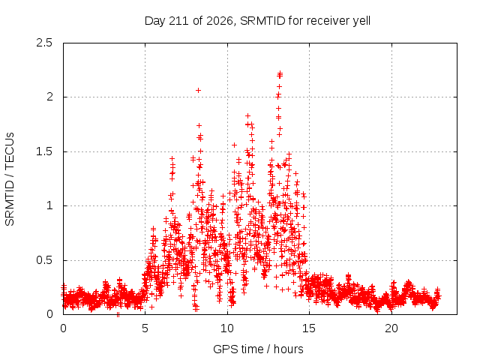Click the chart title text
tap(257, 21)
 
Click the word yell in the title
tap(361, 22)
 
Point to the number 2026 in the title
tap(220, 21)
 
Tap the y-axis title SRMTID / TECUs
tap(10, 179)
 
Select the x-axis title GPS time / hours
tap(258, 349)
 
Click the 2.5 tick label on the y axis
tap(44, 43)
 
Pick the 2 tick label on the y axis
tap(49, 97)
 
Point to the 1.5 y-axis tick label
tap(44, 151)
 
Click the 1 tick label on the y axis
tap(49, 205)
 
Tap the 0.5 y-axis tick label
tap(44, 260)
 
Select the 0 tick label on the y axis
tap(49, 314)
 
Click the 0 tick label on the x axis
tap(63, 328)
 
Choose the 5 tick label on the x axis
tap(145, 328)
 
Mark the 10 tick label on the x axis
tap(227, 328)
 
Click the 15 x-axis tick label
tap(309, 328)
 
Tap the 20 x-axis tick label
tap(391, 328)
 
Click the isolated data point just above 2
tap(198, 90)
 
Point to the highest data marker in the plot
tap(280, 73)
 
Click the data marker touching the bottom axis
tap(118, 314)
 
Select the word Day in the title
tap(154, 22)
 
